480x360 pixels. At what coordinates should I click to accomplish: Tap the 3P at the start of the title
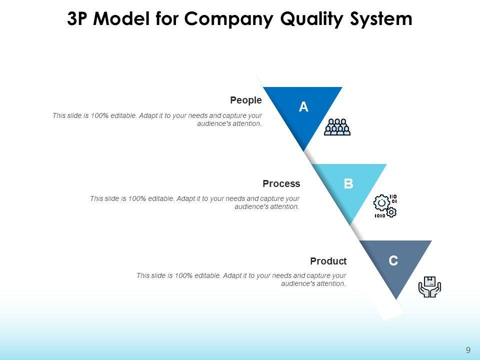79,19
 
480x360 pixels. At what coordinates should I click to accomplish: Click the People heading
245,100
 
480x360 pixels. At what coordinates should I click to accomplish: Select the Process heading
281,183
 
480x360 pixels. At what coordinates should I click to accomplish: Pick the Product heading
328,261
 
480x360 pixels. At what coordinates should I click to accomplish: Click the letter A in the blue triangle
303,106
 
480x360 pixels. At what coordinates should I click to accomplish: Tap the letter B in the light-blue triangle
348,183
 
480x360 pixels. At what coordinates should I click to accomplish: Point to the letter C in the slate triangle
393,260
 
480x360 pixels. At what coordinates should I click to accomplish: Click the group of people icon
337,127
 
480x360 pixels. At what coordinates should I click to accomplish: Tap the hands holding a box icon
429,286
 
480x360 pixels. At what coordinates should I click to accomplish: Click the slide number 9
468,350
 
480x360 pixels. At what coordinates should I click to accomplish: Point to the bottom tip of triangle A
304,149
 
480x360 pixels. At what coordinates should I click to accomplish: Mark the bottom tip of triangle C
396,299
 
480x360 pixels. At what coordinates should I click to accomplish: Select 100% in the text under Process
137,198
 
